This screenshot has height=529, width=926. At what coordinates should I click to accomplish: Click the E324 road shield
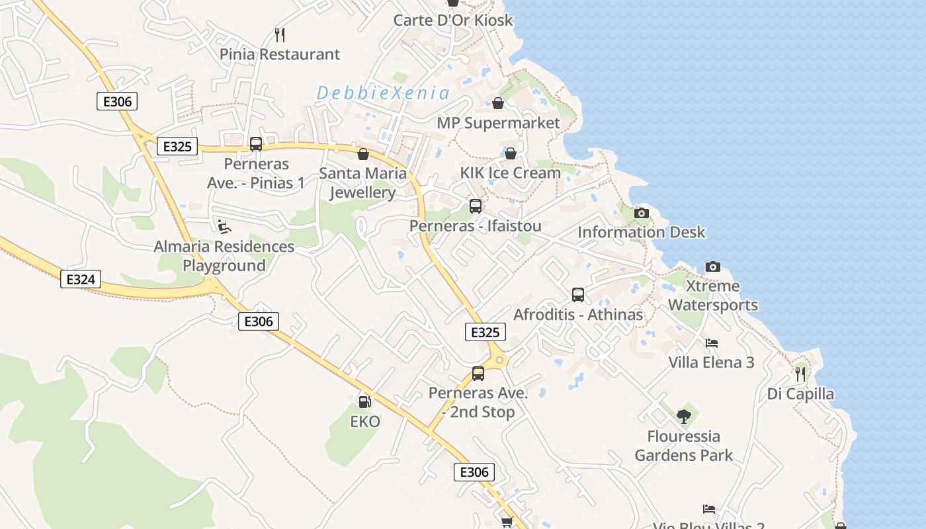point(81,280)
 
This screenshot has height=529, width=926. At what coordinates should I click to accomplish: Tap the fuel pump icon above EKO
point(364,401)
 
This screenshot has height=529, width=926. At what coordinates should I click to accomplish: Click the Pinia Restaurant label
point(280,54)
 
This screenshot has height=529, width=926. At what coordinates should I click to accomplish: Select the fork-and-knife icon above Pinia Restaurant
point(280,34)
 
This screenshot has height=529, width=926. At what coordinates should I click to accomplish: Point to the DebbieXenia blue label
point(383,93)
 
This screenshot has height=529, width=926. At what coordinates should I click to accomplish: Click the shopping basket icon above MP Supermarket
point(498,103)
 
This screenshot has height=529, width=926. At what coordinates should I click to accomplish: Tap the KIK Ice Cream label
point(511,173)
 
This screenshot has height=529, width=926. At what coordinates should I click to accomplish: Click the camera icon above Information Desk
point(641,213)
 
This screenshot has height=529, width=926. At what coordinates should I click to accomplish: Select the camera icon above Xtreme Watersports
point(712,266)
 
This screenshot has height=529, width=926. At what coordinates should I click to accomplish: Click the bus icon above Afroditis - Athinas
point(578,295)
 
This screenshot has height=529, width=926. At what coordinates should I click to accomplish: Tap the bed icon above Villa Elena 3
point(712,343)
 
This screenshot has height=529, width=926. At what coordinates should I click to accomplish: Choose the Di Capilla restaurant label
point(800,394)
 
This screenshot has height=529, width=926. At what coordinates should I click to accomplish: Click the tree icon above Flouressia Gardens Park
point(683,416)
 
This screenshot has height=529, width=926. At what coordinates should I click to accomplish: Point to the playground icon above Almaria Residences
point(224,227)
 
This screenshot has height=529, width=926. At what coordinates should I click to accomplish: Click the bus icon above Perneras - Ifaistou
point(476,206)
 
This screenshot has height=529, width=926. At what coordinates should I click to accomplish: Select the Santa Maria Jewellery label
point(362,183)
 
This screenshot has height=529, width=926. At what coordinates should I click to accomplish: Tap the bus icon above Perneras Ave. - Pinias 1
point(256,144)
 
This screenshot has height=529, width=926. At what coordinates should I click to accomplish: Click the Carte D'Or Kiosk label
point(453,20)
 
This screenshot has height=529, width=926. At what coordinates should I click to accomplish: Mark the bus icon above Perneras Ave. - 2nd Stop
point(478,374)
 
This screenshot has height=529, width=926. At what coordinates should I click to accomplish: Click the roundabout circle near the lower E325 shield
point(499,360)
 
